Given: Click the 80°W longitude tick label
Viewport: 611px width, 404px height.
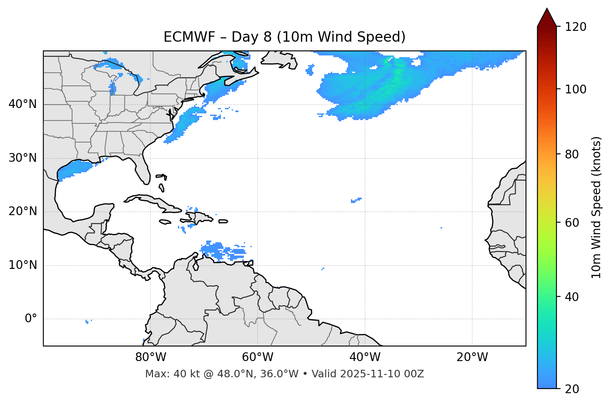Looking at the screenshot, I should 150,357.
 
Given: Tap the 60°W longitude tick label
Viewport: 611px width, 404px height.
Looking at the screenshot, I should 258,357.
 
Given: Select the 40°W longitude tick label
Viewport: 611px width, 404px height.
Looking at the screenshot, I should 365,357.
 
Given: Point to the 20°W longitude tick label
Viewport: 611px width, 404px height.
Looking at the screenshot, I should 472,357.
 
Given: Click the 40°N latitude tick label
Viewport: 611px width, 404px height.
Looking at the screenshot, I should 23,104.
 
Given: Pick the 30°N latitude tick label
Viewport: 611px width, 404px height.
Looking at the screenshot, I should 23,158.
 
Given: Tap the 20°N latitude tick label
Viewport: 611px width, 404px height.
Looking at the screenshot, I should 23,211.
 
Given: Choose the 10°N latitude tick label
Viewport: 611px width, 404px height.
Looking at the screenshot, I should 23,265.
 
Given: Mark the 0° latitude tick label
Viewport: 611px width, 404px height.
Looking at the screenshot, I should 31,319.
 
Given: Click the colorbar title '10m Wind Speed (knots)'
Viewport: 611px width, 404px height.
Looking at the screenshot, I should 596,207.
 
